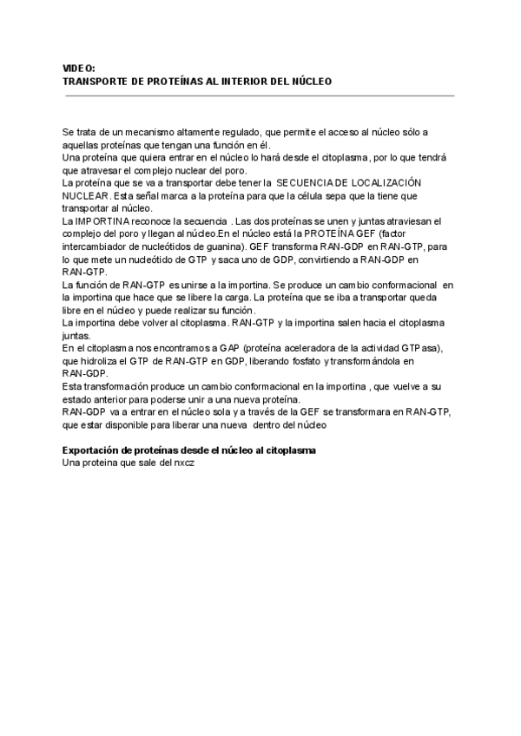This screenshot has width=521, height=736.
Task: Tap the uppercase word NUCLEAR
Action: [85, 196]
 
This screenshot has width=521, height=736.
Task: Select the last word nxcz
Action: [184, 463]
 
